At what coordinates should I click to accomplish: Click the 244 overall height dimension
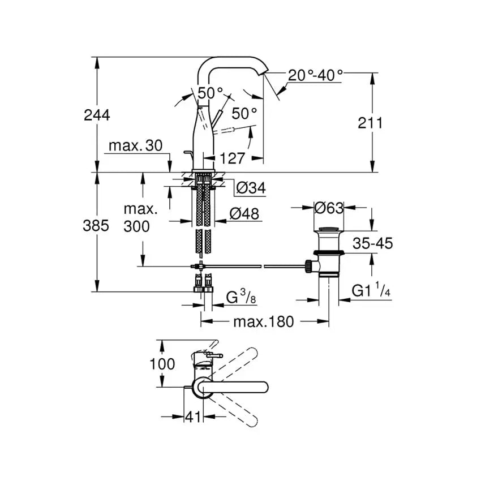tap(97, 115)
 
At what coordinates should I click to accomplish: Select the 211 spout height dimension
tap(371, 122)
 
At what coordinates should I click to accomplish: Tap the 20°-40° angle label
tap(315, 75)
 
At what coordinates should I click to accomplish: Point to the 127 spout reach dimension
tap(232, 158)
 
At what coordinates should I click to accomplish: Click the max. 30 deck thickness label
tap(135, 145)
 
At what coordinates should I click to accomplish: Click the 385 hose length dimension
tap(96, 226)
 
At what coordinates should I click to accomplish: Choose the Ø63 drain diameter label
tap(329, 208)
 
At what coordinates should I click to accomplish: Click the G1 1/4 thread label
tap(371, 291)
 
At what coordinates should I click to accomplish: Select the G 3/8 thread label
tap(238, 297)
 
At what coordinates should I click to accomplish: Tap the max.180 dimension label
tap(264, 322)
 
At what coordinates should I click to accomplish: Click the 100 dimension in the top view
tap(162, 363)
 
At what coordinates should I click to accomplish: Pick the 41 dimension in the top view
tap(194, 417)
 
